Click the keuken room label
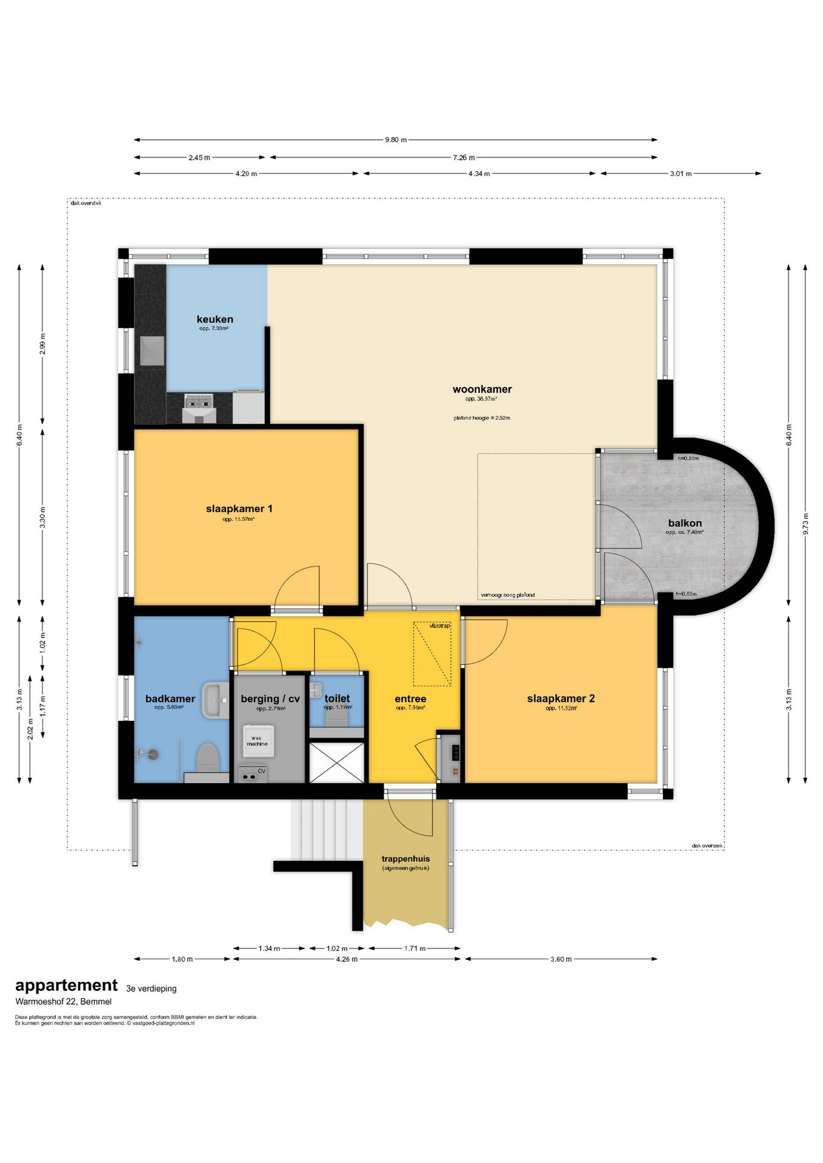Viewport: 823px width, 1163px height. [215, 319]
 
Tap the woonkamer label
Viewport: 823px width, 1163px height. [482, 389]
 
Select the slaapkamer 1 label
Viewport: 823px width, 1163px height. [239, 509]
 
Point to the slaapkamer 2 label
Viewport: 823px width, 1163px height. [561, 698]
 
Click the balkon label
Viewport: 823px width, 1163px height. [685, 523]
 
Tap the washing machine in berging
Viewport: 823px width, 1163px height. [258, 741]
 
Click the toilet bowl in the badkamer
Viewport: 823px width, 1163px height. [207, 757]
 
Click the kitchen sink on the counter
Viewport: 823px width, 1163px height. [152, 351]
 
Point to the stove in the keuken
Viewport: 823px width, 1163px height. [199, 401]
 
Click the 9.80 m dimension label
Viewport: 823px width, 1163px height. [396, 140]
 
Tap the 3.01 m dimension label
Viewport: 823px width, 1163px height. [681, 174]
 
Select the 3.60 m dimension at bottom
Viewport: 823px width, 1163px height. [561, 959]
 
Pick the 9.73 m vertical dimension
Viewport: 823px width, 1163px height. [805, 524]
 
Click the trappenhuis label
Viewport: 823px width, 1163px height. [405, 858]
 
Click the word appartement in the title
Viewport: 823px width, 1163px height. [67, 986]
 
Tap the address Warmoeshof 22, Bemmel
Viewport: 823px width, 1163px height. [64, 1001]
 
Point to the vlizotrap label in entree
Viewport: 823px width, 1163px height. [439, 626]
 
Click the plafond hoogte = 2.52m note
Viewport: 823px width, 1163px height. [482, 418]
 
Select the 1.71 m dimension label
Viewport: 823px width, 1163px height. [415, 949]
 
